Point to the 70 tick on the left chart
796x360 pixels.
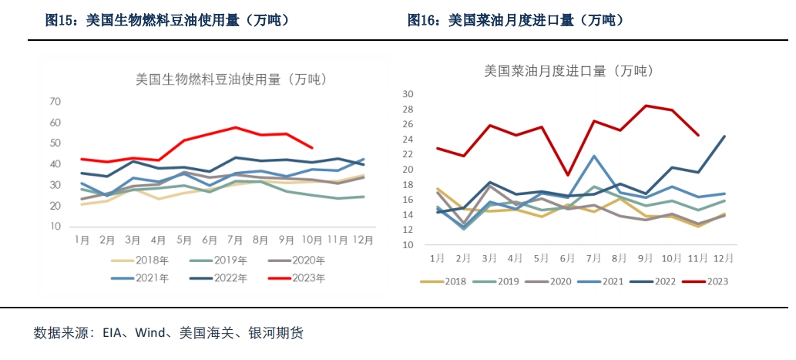click(x=55, y=102)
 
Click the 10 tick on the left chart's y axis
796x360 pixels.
click(x=55, y=227)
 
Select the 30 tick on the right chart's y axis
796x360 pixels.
click(x=409, y=94)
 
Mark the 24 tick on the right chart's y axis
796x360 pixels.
click(x=409, y=140)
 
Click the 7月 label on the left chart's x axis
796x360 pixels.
click(x=236, y=241)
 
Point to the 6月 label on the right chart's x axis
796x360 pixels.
click(x=566, y=257)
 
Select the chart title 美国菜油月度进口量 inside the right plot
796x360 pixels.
click(x=568, y=71)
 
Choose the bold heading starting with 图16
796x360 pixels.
click(x=516, y=21)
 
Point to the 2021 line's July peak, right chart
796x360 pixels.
click(x=594, y=156)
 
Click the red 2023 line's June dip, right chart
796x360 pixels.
click(x=566, y=175)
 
